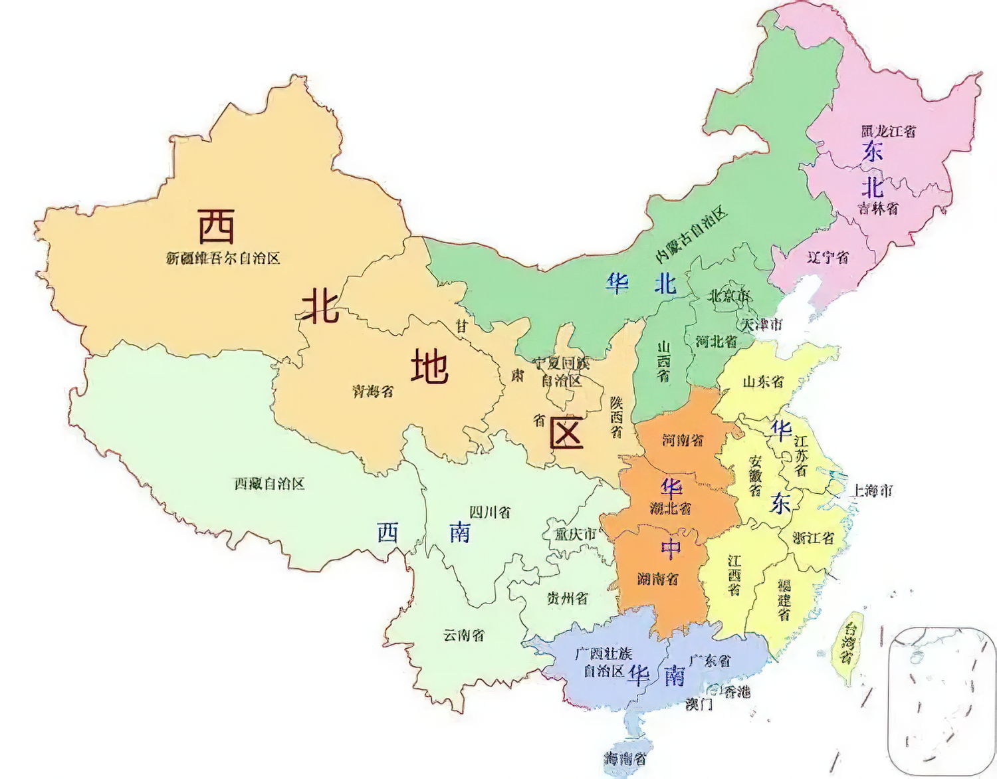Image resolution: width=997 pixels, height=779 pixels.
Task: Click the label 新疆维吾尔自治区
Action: pyautogui.click(x=223, y=258)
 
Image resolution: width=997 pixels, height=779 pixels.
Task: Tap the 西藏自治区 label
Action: pyautogui.click(x=269, y=484)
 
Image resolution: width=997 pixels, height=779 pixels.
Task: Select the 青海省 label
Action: pyautogui.click(x=373, y=391)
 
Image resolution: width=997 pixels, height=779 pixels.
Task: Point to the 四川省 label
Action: pyautogui.click(x=491, y=512)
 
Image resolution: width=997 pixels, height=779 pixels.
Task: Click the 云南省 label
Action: pyautogui.click(x=464, y=635)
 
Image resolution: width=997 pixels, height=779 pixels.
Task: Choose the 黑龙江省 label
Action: pyautogui.click(x=889, y=131)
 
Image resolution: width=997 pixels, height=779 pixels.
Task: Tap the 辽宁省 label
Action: pyautogui.click(x=828, y=257)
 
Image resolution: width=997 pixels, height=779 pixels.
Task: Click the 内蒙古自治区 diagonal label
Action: pyautogui.click(x=691, y=235)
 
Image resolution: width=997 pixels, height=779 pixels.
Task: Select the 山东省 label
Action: pyautogui.click(x=763, y=382)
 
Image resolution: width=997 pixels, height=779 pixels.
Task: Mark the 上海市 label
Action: pyautogui.click(x=873, y=491)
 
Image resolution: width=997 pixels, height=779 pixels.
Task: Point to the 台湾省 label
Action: pyautogui.click(x=847, y=642)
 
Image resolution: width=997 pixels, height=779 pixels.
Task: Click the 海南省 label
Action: pyautogui.click(x=625, y=758)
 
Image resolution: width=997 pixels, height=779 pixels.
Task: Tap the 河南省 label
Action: pyautogui.click(x=683, y=439)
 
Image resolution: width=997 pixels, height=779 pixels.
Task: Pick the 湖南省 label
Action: pyautogui.click(x=658, y=578)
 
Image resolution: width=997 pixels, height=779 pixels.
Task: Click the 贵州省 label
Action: pyautogui.click(x=567, y=598)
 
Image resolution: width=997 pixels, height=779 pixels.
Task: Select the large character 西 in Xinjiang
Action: pyautogui.click(x=217, y=227)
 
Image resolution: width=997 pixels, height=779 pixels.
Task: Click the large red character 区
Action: pyautogui.click(x=566, y=433)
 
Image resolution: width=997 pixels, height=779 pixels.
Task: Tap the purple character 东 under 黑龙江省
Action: pyautogui.click(x=872, y=151)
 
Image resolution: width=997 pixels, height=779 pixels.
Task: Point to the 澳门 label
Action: pyautogui.click(x=699, y=704)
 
